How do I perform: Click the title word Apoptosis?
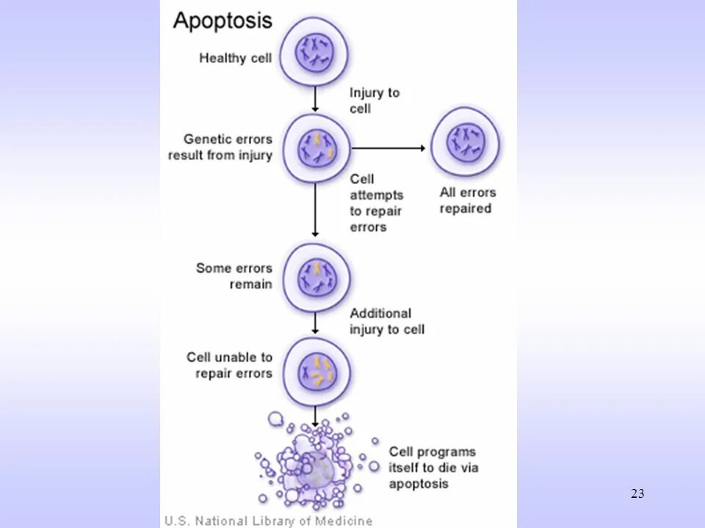coord(223,20)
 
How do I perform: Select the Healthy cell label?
coord(235,58)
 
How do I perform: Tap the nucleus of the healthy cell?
coord(315,52)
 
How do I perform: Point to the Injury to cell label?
coord(374,100)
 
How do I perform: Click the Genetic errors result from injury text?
coord(220,147)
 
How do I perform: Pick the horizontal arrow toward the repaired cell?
coord(388,148)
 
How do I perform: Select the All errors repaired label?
coord(468,200)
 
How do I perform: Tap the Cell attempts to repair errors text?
coord(376,203)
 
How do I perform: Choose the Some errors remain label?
coord(234,276)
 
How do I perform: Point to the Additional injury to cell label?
coord(387,321)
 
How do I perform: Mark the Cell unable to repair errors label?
coord(229,365)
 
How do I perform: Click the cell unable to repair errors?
coord(316,371)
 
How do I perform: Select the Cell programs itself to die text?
coord(432,467)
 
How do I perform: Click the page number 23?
coord(637,494)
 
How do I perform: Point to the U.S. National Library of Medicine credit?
coord(268,521)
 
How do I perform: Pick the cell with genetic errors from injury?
coord(316,147)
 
